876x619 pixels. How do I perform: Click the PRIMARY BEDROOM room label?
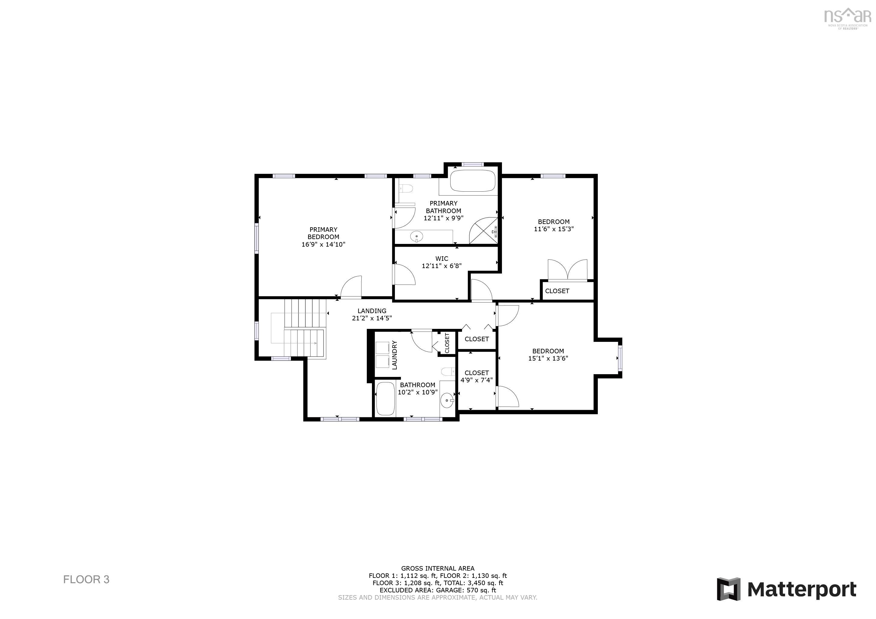coord(323,233)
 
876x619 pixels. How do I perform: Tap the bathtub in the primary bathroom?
coord(472,181)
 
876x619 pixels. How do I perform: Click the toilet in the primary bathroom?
coord(407,188)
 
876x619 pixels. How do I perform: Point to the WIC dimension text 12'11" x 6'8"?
coord(441,266)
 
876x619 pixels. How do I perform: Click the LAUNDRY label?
coord(395,355)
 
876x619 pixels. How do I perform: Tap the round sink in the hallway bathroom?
coord(447,400)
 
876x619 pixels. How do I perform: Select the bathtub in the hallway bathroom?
coord(385,399)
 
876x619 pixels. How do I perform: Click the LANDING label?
coord(372,311)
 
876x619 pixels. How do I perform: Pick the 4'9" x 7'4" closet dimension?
coord(477,380)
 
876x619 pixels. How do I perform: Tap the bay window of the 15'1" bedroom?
coord(620,358)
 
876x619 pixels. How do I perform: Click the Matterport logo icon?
coord(728,589)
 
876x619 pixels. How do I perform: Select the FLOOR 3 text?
coord(86,579)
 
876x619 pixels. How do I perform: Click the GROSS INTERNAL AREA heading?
coord(438,568)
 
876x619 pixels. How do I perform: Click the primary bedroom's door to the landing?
coord(351,287)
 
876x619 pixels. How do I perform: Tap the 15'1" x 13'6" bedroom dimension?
coord(548,358)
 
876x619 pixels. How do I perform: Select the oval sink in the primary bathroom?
coord(417,236)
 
